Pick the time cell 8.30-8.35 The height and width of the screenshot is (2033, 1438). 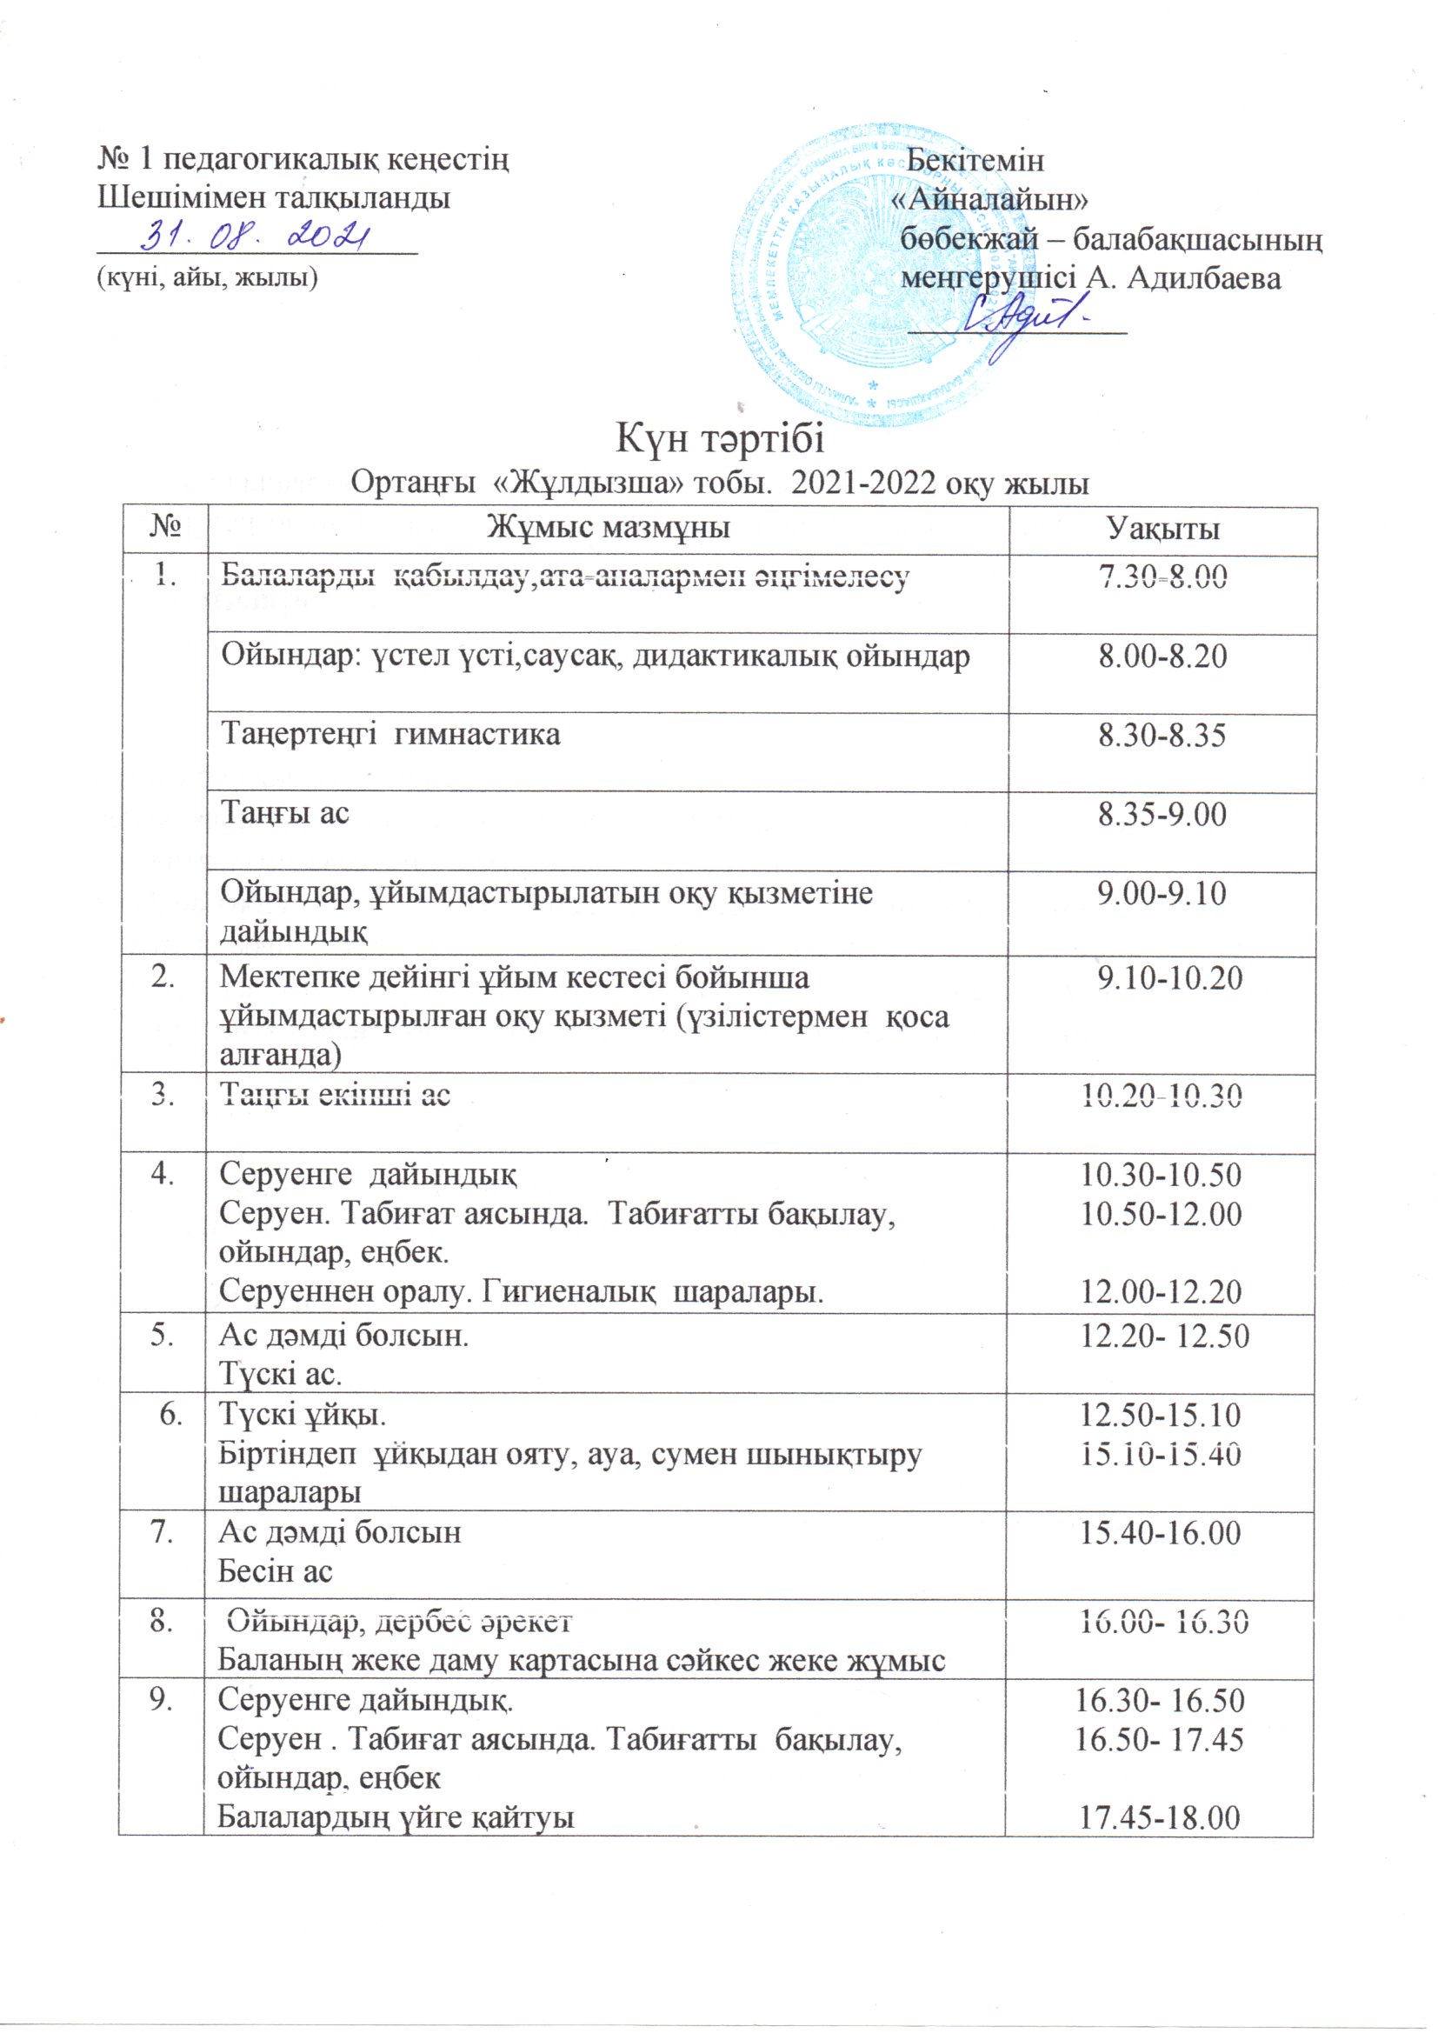[1162, 736]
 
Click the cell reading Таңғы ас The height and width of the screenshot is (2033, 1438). [285, 813]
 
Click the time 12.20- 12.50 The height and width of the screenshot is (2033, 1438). [1164, 1337]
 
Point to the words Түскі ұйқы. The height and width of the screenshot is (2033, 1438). [302, 1415]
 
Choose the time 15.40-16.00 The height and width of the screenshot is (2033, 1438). [1161, 1533]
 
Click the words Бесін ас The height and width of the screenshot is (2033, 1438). [276, 1571]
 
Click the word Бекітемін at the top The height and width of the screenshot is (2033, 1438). [975, 160]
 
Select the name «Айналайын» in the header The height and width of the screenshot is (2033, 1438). [989, 199]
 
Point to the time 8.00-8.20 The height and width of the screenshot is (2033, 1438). [1162, 657]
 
